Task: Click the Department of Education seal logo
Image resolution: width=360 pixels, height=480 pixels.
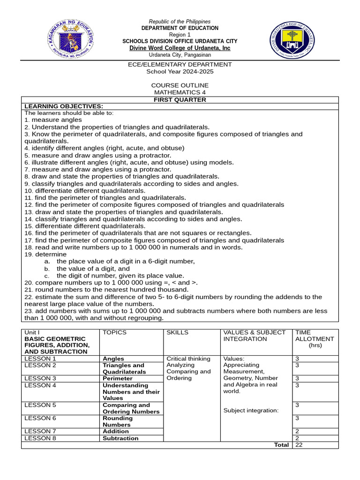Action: (70, 40)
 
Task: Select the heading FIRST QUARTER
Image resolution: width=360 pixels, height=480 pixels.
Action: (180, 100)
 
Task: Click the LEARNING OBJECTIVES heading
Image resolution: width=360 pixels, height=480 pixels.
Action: (63, 106)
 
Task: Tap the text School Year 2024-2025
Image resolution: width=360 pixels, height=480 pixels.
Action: (180, 71)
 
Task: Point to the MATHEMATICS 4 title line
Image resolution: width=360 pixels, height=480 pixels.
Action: (180, 92)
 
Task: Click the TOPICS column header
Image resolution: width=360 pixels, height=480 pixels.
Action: (114, 332)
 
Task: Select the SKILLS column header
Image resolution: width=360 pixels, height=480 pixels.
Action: (177, 332)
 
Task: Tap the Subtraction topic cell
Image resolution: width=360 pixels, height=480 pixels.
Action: (120, 438)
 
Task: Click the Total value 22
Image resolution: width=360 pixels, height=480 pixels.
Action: (299, 445)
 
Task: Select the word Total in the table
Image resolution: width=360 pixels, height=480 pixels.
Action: (281, 445)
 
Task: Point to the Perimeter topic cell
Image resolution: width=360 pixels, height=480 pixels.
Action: (118, 378)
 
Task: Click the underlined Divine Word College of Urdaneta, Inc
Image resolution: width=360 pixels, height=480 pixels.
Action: (180, 48)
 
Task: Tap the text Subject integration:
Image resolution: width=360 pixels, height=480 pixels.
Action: (251, 411)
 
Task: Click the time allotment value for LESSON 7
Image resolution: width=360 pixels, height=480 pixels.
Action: (297, 431)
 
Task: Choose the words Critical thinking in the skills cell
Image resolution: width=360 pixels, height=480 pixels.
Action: (188, 359)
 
